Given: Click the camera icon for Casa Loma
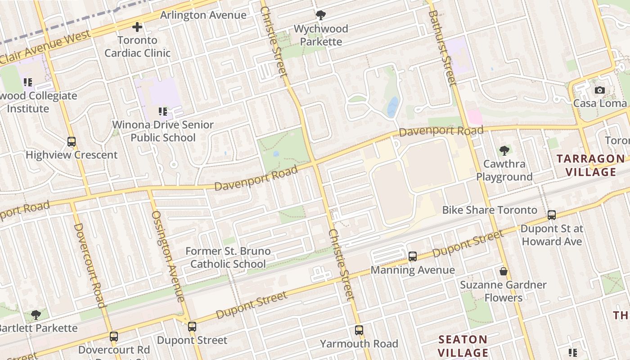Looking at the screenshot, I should (x=599, y=90).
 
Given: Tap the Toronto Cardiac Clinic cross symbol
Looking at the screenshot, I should (x=137, y=27).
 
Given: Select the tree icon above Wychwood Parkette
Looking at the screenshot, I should (x=320, y=16).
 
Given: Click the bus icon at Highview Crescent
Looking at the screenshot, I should (x=72, y=142).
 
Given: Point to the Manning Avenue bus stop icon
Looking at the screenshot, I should (x=412, y=256).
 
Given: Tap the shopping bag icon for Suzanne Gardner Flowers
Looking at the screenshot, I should (x=503, y=271).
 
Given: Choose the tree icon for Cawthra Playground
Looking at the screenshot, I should (x=504, y=151).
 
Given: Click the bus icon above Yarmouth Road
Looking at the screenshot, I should (x=359, y=330).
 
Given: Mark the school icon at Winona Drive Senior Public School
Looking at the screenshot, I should (x=162, y=111).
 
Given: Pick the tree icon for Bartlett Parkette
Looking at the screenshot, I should (x=36, y=315).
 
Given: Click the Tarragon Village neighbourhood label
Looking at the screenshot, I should (x=591, y=165).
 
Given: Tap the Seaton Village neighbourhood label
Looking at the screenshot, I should (x=463, y=346).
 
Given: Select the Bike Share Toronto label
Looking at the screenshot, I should (x=490, y=210).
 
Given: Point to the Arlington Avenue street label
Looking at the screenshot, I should (x=203, y=15).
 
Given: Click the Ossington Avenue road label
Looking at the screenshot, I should (x=168, y=256).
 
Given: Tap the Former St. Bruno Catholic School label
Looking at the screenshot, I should (x=228, y=257).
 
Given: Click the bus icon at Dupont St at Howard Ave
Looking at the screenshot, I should (x=552, y=215).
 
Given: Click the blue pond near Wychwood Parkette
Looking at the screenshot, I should (x=393, y=107).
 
